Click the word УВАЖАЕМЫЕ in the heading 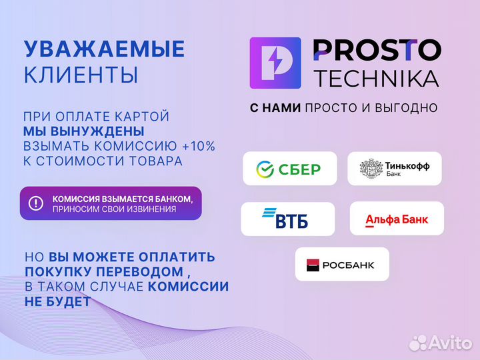point(104,49)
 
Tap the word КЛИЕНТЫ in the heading point(81,75)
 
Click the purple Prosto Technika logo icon point(275,63)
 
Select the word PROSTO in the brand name point(376,50)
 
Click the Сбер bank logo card point(289,169)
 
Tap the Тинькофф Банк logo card point(394,169)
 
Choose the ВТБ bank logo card point(287,218)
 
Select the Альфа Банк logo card point(396,219)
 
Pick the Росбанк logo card point(341,265)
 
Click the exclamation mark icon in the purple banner point(37,203)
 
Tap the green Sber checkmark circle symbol point(266,169)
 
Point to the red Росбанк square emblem point(313,265)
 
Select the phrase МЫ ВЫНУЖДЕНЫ point(84,131)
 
